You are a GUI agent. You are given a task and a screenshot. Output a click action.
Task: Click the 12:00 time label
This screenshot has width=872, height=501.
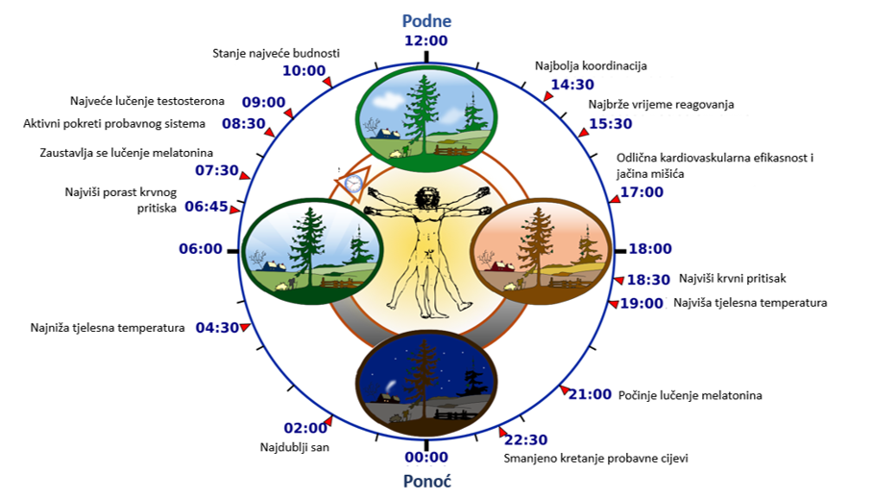coord(426,41)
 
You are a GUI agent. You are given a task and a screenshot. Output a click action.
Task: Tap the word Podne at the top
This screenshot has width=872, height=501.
coord(426,20)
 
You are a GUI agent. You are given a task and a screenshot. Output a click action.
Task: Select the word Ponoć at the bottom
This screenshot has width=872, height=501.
coord(426,481)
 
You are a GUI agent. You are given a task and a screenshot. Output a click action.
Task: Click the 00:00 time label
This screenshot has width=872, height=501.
coord(426,458)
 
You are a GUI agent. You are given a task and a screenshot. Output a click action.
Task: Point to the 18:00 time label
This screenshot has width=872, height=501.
coord(650,249)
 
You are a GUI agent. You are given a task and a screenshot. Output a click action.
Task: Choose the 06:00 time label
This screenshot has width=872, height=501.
coord(201,248)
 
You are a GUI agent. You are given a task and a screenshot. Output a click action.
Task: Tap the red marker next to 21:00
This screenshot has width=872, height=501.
coord(564,389)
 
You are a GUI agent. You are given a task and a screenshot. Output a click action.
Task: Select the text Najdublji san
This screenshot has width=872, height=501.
coord(294,447)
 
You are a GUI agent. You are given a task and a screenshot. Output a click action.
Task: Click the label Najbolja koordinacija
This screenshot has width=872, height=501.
coord(591,66)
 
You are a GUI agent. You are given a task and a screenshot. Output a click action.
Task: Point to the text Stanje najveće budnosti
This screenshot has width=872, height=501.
coord(277,53)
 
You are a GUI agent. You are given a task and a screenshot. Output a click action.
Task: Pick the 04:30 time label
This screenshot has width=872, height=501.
coord(217,327)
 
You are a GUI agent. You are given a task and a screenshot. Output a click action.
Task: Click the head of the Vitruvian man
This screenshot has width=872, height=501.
coord(423,196)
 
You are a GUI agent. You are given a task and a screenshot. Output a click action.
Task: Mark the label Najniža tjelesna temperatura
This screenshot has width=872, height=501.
coord(108,328)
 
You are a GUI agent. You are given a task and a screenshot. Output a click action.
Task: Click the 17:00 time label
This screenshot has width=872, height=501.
coord(642,192)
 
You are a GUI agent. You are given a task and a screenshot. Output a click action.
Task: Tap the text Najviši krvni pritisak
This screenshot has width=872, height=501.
coord(733,279)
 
